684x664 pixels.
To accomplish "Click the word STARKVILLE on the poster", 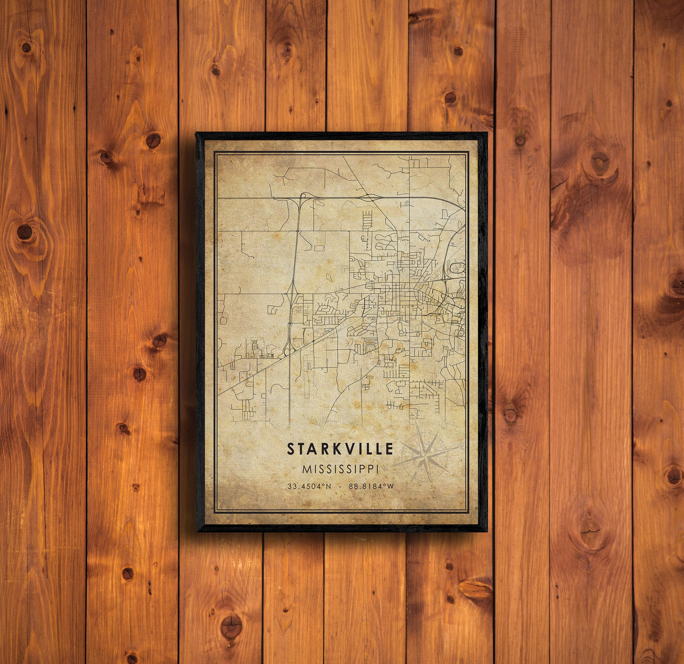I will coord(340,449).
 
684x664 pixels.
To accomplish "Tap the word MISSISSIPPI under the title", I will coord(340,469).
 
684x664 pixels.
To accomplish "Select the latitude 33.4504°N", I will coord(309,486).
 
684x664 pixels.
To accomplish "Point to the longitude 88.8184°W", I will coord(371,486).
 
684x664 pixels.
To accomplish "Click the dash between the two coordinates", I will coord(340,486).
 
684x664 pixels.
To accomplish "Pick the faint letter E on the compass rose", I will coord(463,446).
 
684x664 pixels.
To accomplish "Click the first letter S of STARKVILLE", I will coord(290,449).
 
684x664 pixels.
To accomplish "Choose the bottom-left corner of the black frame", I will coord(198,531).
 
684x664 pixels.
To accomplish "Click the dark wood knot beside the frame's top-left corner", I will coord(153,140).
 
